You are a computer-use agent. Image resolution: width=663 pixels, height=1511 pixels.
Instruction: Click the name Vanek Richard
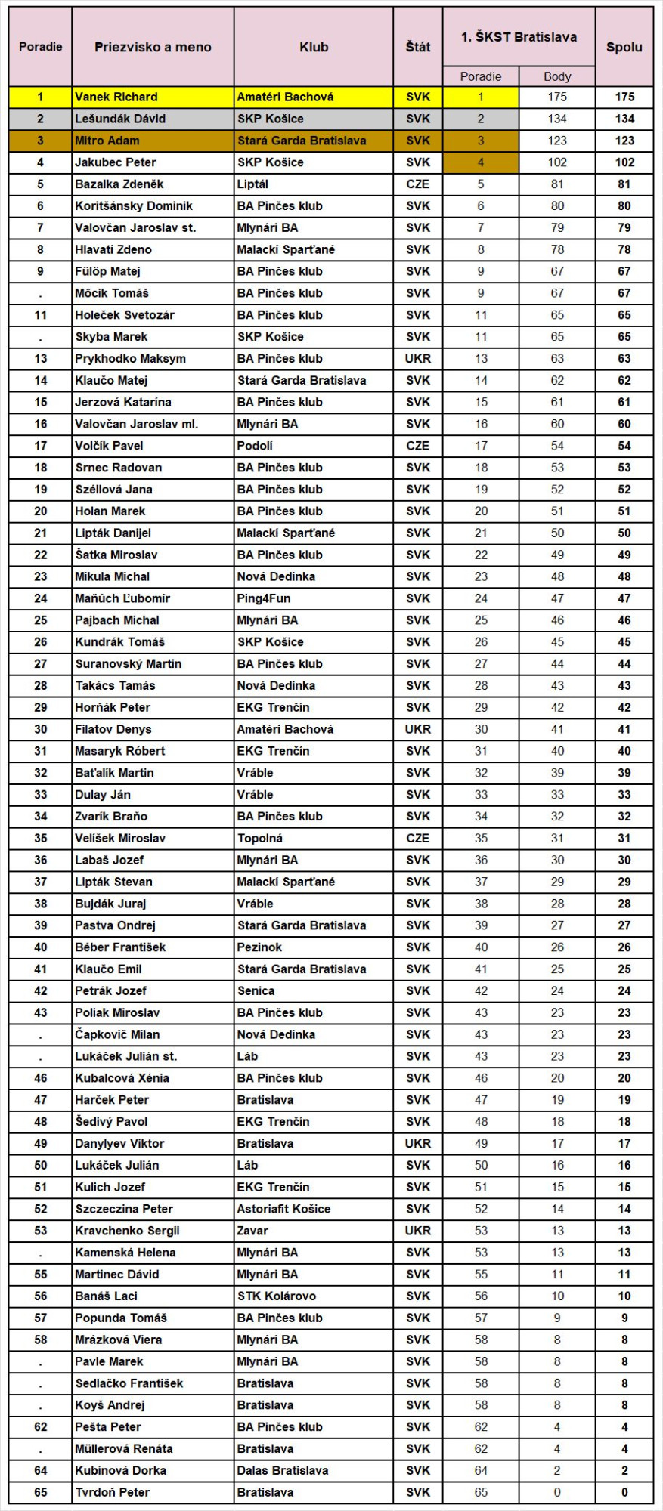point(116,97)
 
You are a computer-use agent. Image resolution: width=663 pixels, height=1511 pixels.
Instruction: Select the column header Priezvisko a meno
point(153,47)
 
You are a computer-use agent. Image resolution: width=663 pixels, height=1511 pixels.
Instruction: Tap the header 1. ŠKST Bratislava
point(519,37)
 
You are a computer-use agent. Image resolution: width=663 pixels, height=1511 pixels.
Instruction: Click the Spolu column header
point(624,47)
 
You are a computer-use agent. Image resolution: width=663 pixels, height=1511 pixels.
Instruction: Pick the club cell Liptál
point(252,184)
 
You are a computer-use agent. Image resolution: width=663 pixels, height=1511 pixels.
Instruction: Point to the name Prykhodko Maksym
point(130,359)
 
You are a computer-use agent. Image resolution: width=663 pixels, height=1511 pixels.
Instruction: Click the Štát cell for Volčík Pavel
point(417,446)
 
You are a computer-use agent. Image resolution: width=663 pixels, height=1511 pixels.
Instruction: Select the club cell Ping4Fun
point(264,598)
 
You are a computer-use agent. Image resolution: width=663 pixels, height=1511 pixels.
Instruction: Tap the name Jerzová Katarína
point(123,402)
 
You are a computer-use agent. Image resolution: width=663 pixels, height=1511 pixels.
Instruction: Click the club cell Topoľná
point(260,839)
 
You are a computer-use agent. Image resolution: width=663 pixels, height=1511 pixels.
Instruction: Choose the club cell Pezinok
point(259,947)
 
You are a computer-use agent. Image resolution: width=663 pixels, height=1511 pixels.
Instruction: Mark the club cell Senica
point(256,991)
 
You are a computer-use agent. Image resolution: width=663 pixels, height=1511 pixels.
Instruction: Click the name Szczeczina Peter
point(124,1209)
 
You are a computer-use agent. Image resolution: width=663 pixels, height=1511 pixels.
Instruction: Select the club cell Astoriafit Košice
point(283,1209)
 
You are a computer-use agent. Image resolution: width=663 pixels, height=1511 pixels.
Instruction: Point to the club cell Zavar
point(252,1231)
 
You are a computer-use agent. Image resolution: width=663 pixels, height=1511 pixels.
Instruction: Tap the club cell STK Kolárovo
point(277,1296)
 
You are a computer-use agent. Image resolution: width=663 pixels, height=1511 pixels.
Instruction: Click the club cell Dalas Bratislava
point(283,1470)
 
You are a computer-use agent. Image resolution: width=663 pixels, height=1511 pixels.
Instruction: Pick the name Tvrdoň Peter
point(112,1492)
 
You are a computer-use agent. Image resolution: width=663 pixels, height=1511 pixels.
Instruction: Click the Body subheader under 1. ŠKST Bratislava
point(557,76)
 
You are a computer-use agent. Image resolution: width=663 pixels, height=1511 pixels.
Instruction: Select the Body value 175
point(557,97)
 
